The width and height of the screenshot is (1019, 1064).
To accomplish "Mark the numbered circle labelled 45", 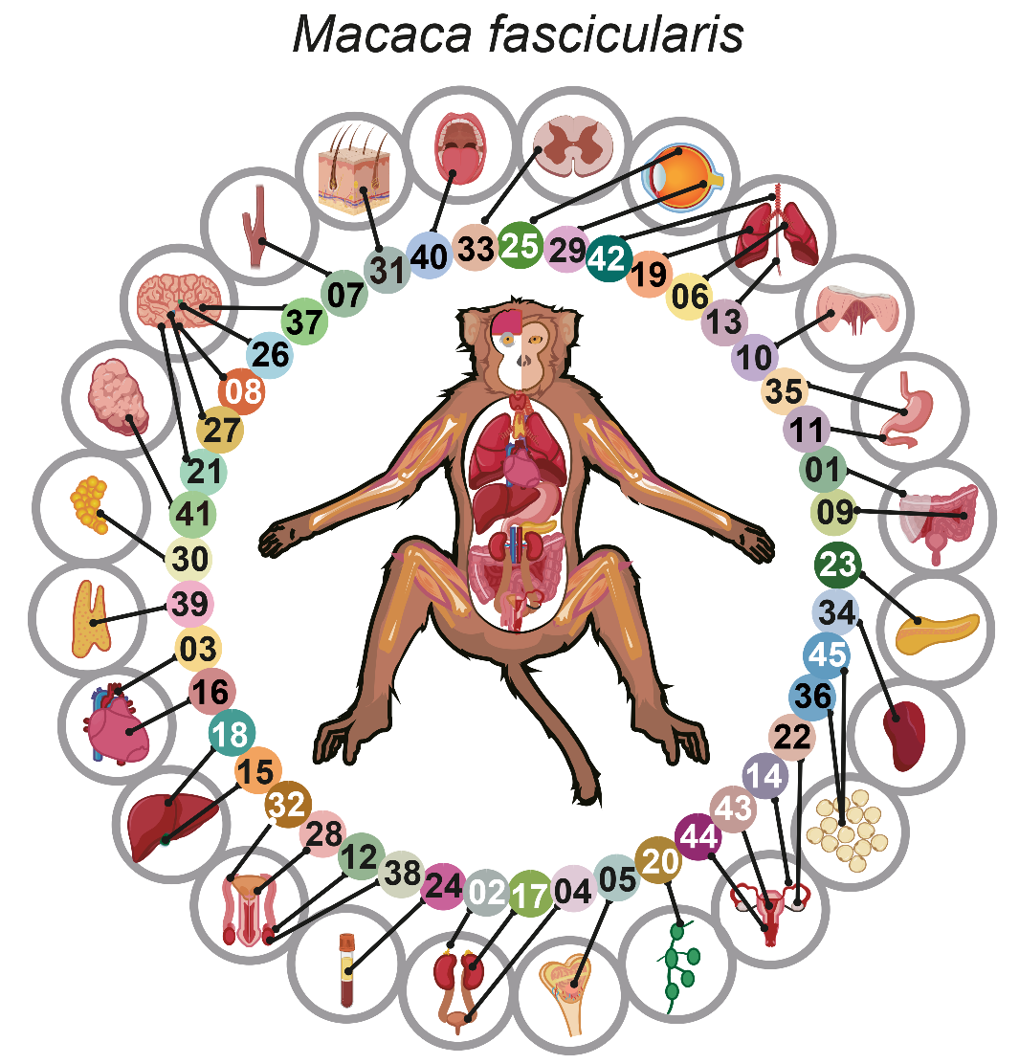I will pyautogui.click(x=826, y=656).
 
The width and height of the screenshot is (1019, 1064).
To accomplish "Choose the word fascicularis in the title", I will pyautogui.click(x=615, y=34).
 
